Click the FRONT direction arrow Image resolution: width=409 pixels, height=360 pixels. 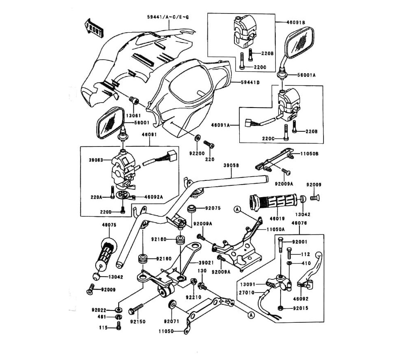93,27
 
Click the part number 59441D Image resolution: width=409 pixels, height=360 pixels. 250,82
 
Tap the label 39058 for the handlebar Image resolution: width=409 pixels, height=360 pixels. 231,165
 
